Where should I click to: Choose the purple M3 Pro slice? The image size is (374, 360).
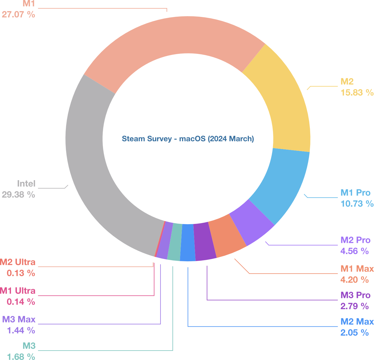[x=205, y=242]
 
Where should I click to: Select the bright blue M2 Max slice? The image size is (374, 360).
[x=188, y=243]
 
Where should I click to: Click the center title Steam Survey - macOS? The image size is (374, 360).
[x=188, y=139]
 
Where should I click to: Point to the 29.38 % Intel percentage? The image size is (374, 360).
[x=18, y=195]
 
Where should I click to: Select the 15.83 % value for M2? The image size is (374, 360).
[x=357, y=93]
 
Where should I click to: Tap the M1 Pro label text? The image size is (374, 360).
[x=356, y=193]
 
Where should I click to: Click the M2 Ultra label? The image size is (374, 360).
[x=18, y=262]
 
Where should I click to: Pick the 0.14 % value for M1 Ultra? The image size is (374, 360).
[x=21, y=302]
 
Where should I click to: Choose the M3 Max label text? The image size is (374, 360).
[x=19, y=319]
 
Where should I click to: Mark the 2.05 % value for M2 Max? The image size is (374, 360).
[x=354, y=333]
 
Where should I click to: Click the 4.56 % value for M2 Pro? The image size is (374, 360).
[x=354, y=251]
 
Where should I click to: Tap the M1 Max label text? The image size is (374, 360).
[x=357, y=269]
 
